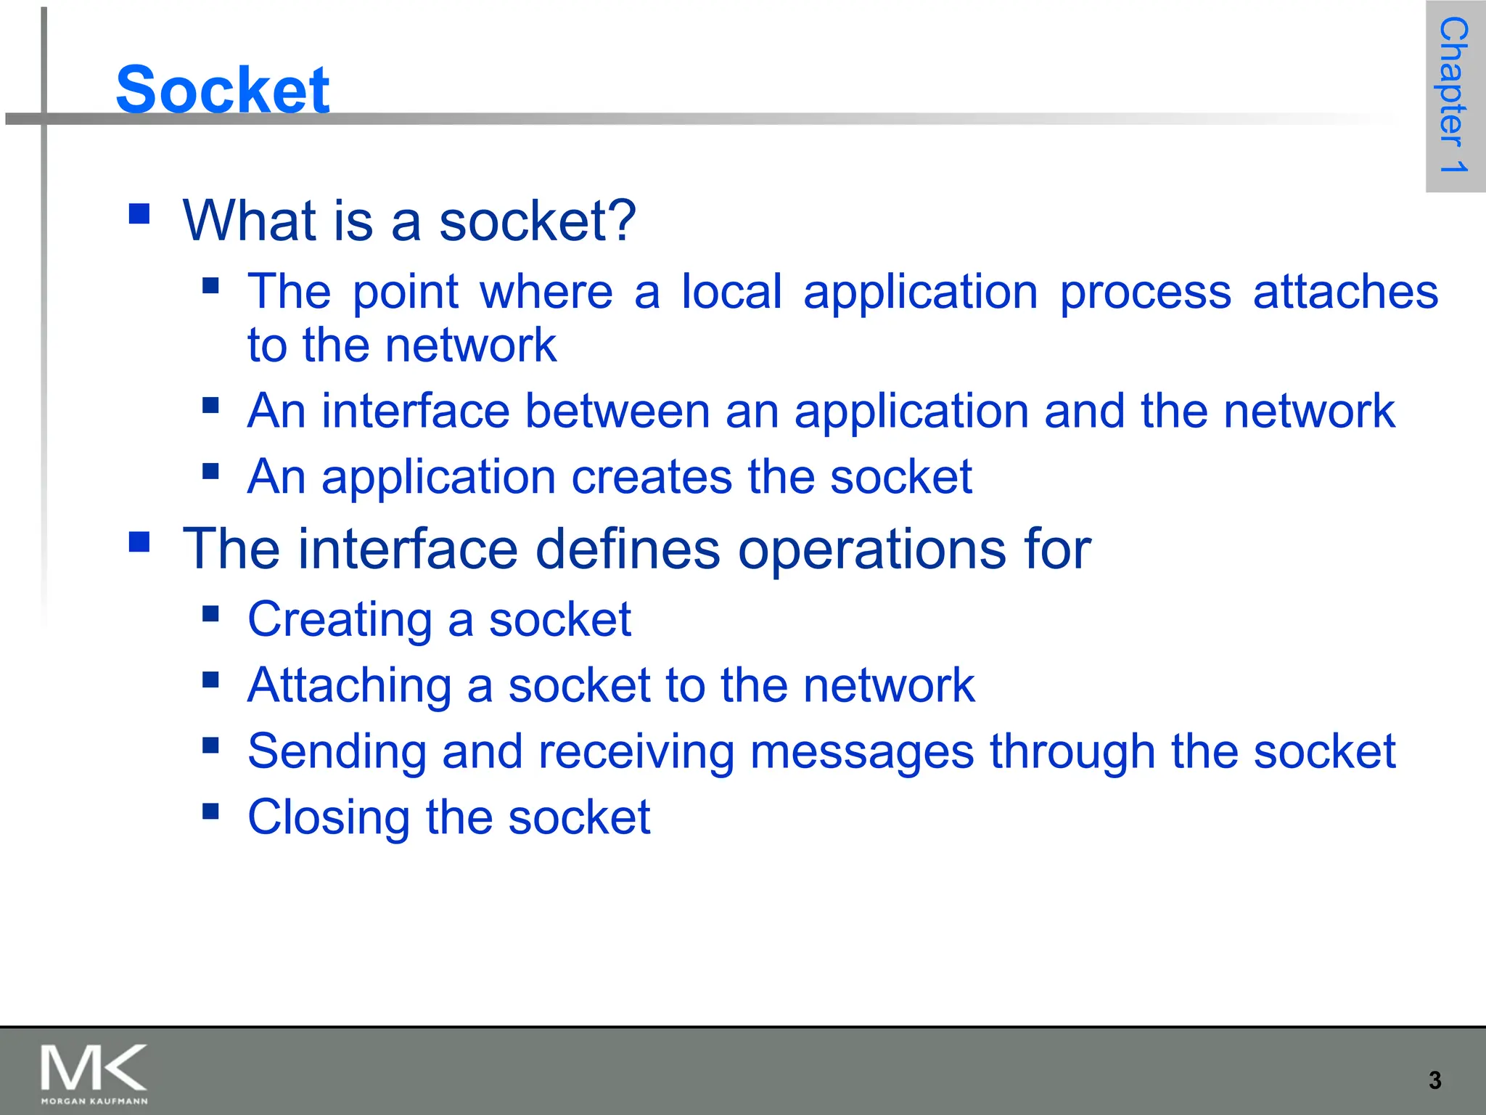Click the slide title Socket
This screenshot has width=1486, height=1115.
223,89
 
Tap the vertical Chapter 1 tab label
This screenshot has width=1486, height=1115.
1453,95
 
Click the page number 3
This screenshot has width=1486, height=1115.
1434,1080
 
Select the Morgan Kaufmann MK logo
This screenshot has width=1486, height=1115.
94,1074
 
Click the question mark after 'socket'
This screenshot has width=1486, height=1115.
623,220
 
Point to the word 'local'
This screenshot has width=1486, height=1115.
731,292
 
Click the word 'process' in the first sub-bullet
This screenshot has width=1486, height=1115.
1145,293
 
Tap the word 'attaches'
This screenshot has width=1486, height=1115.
1345,292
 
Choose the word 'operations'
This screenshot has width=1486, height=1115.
871,550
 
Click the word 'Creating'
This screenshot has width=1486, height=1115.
340,621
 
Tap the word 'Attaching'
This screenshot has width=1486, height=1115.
350,686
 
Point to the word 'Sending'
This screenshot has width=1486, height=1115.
337,752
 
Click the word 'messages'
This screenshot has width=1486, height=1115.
861,752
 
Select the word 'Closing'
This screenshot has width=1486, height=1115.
329,818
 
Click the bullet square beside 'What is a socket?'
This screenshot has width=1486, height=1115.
139,213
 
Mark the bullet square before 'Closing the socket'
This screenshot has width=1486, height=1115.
211,810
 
